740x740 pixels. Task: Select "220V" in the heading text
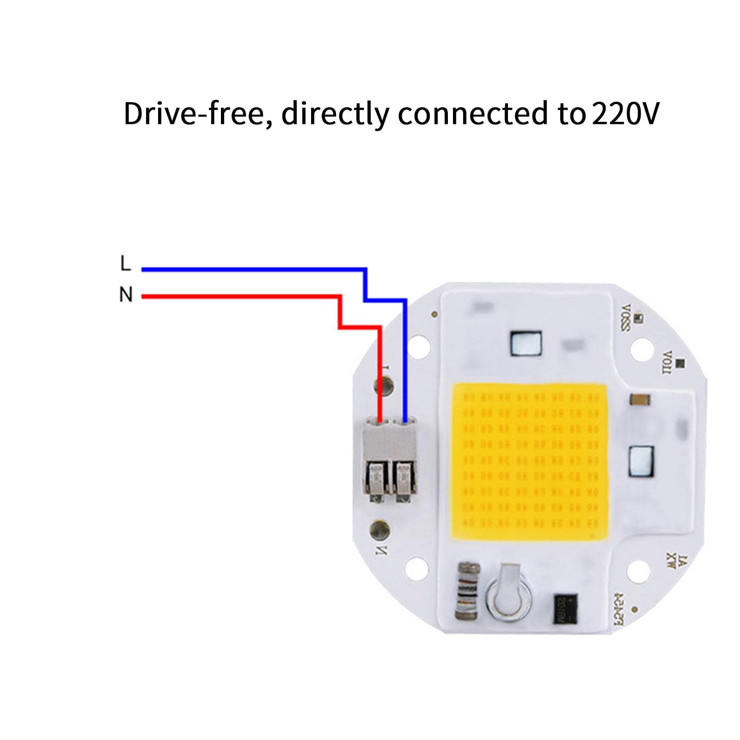point(625,114)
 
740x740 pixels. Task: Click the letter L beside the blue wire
point(125,264)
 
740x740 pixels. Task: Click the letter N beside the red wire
point(126,294)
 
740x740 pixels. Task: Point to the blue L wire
point(254,269)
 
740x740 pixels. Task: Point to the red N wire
point(240,296)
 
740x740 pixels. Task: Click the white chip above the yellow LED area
point(526,344)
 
